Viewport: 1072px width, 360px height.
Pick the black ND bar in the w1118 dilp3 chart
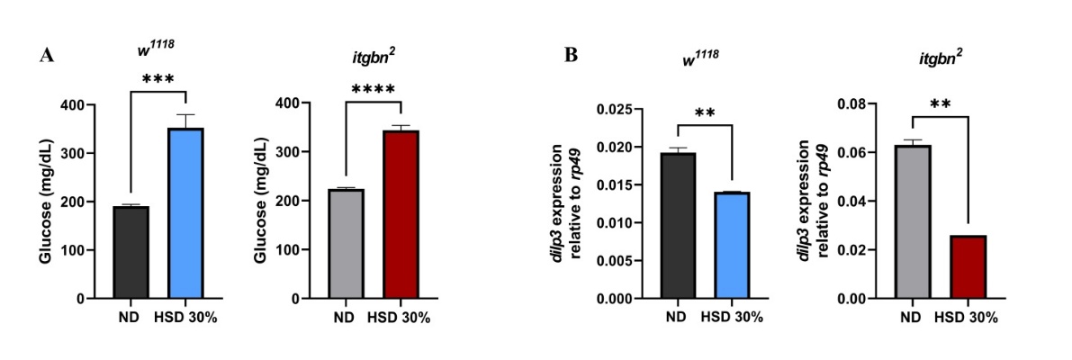(x=678, y=225)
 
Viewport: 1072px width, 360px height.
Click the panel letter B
(x=571, y=56)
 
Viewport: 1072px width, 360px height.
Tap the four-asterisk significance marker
(x=373, y=89)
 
